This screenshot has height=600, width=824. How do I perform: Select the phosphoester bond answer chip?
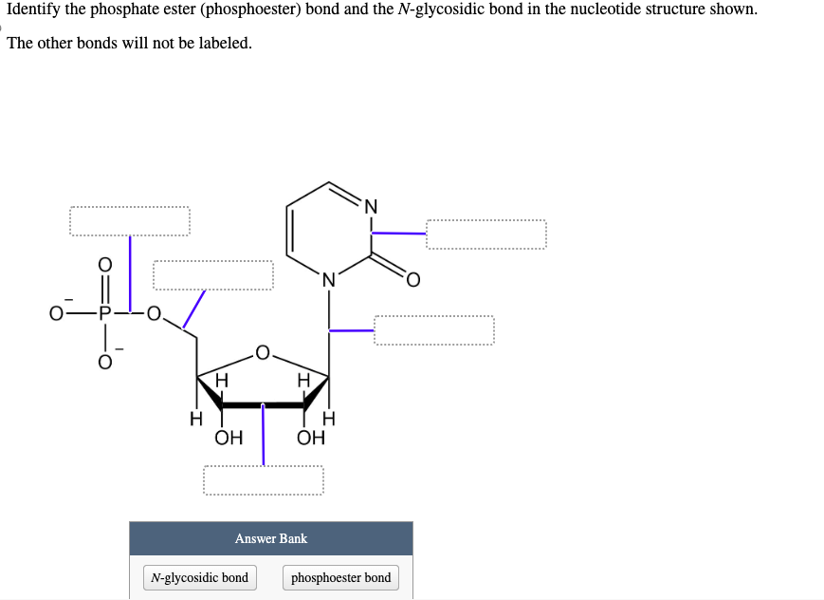point(340,577)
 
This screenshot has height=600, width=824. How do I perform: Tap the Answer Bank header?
point(271,538)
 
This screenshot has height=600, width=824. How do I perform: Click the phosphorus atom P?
point(105,311)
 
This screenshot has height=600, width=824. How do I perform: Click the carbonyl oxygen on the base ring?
point(413,280)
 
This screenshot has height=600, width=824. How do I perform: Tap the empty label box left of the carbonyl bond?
point(213,275)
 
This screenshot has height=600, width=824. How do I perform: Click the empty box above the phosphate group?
point(129,222)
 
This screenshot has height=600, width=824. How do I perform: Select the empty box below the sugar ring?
point(263,479)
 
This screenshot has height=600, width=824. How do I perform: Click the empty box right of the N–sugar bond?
point(434,330)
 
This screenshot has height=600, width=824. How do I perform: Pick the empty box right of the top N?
point(485,234)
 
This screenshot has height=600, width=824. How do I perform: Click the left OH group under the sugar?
point(228,438)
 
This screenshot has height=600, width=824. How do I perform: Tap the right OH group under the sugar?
point(310,438)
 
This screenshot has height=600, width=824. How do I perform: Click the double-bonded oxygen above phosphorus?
point(105,264)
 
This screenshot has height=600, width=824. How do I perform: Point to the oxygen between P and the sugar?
point(155,311)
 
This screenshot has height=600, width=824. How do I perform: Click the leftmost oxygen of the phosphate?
point(58,311)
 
